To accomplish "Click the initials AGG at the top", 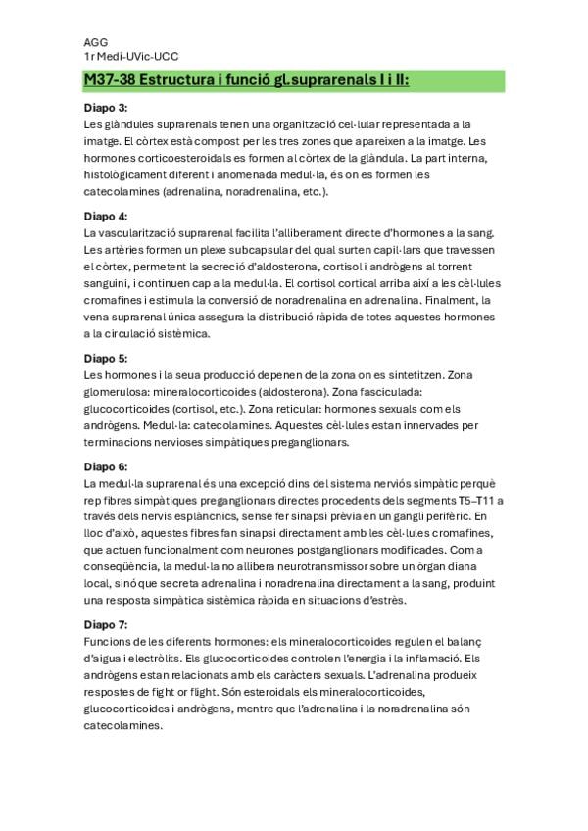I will click(95, 43).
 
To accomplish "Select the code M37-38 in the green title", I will click(112, 81).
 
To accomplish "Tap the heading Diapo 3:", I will click(105, 109).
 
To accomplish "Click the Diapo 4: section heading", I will click(105, 216).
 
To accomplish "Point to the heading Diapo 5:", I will click(105, 359).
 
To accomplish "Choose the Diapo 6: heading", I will click(105, 466).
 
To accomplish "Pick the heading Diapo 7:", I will click(105, 624).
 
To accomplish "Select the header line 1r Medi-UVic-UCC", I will click(131, 58).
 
